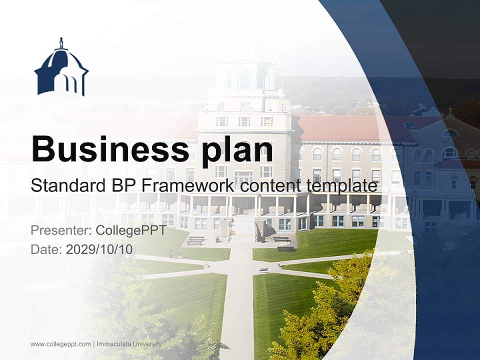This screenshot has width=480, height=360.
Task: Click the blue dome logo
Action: (x=61, y=68)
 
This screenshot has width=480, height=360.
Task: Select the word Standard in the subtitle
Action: (x=62, y=185)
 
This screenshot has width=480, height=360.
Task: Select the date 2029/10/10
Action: (x=99, y=249)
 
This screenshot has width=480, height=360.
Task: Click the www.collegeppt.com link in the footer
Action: (x=60, y=344)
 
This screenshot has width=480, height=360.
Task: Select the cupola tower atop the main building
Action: (x=244, y=75)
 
